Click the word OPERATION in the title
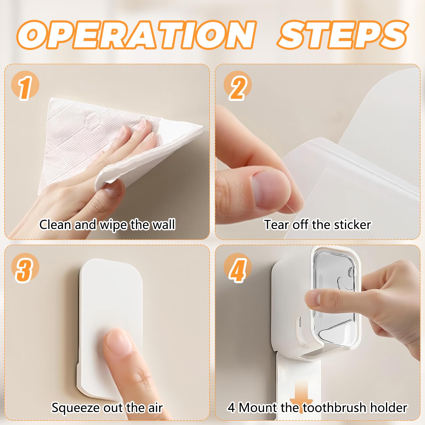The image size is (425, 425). coord(137,35)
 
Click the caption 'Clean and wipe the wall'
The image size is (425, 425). coord(107,225)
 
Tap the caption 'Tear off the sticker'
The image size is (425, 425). coord(317,225)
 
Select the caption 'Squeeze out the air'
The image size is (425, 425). coord(107,408)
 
